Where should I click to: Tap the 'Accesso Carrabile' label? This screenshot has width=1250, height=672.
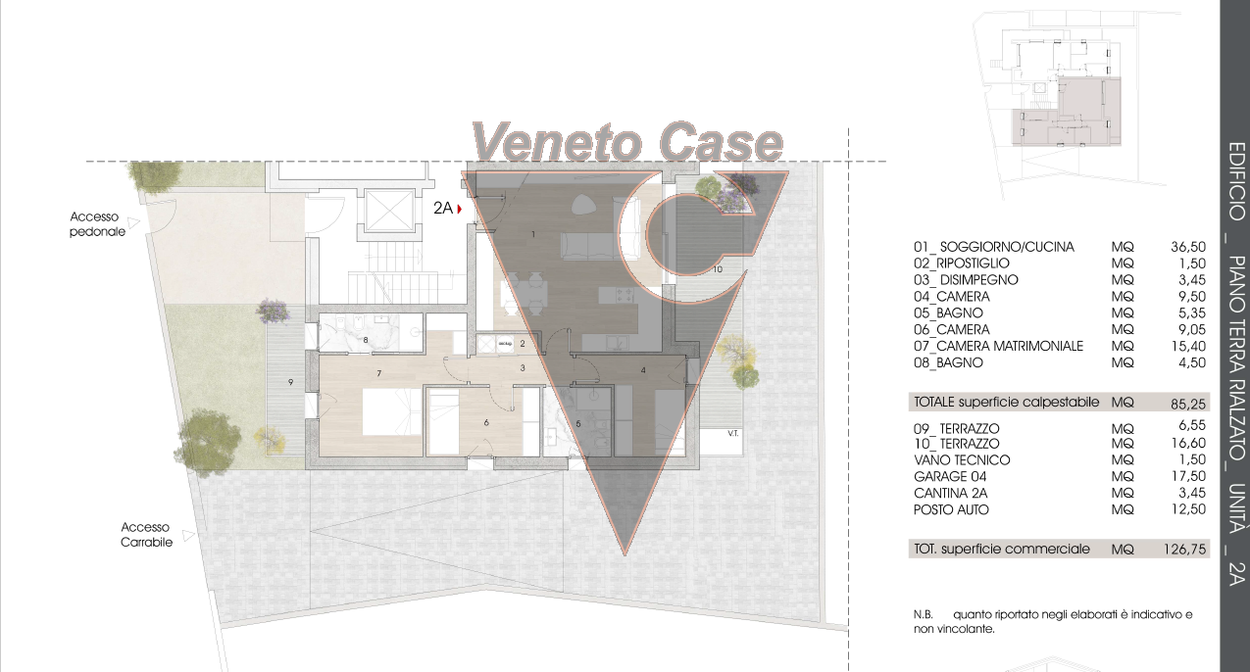pyautogui.click(x=146, y=534)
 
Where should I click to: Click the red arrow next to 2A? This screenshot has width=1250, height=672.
pyautogui.click(x=460, y=209)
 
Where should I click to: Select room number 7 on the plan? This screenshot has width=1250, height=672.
pyautogui.click(x=378, y=373)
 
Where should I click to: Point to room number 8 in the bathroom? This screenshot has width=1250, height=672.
pyautogui.click(x=366, y=340)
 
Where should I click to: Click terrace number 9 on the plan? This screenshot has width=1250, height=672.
pyautogui.click(x=290, y=382)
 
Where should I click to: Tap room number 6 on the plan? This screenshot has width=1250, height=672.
pyautogui.click(x=486, y=423)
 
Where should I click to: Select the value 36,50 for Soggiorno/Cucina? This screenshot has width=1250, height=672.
pyautogui.click(x=1188, y=247)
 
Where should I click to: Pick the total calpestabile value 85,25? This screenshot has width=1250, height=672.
pyautogui.click(x=1188, y=404)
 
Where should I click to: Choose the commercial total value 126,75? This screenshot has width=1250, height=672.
pyautogui.click(x=1184, y=550)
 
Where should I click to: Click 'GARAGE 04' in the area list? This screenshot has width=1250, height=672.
pyautogui.click(x=950, y=476)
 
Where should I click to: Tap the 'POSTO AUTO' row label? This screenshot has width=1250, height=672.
pyautogui.click(x=951, y=509)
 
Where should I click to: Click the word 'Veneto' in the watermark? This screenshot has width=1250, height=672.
pyautogui.click(x=556, y=142)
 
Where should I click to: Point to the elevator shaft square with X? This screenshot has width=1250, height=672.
pyautogui.click(x=388, y=211)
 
